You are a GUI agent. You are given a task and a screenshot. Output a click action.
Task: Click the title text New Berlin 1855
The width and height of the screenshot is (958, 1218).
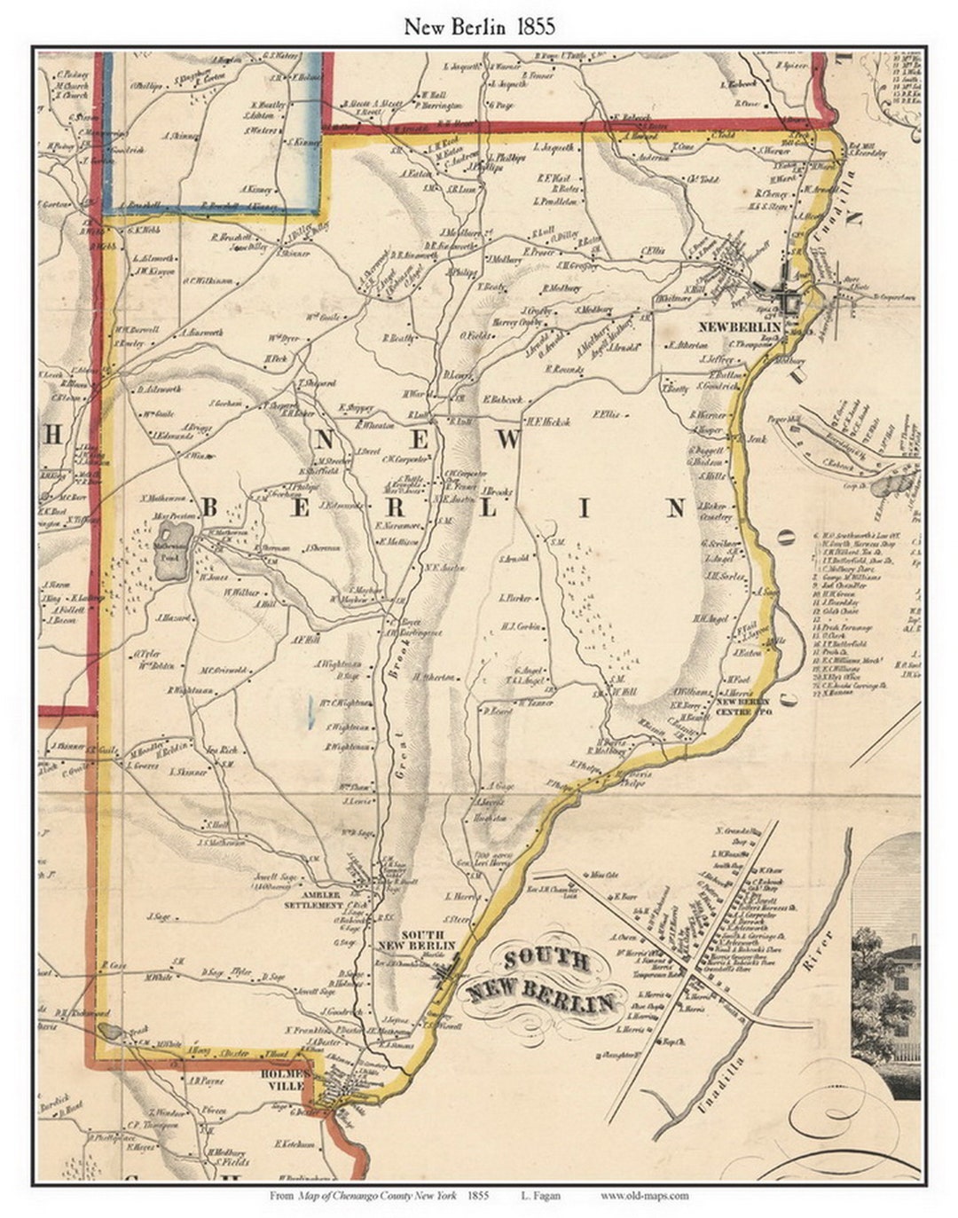coord(479,26)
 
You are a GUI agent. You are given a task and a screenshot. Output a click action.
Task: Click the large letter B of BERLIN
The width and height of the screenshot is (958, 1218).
coord(210,507)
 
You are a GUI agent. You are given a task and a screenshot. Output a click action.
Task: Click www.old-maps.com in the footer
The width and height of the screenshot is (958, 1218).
coord(644,1195)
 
